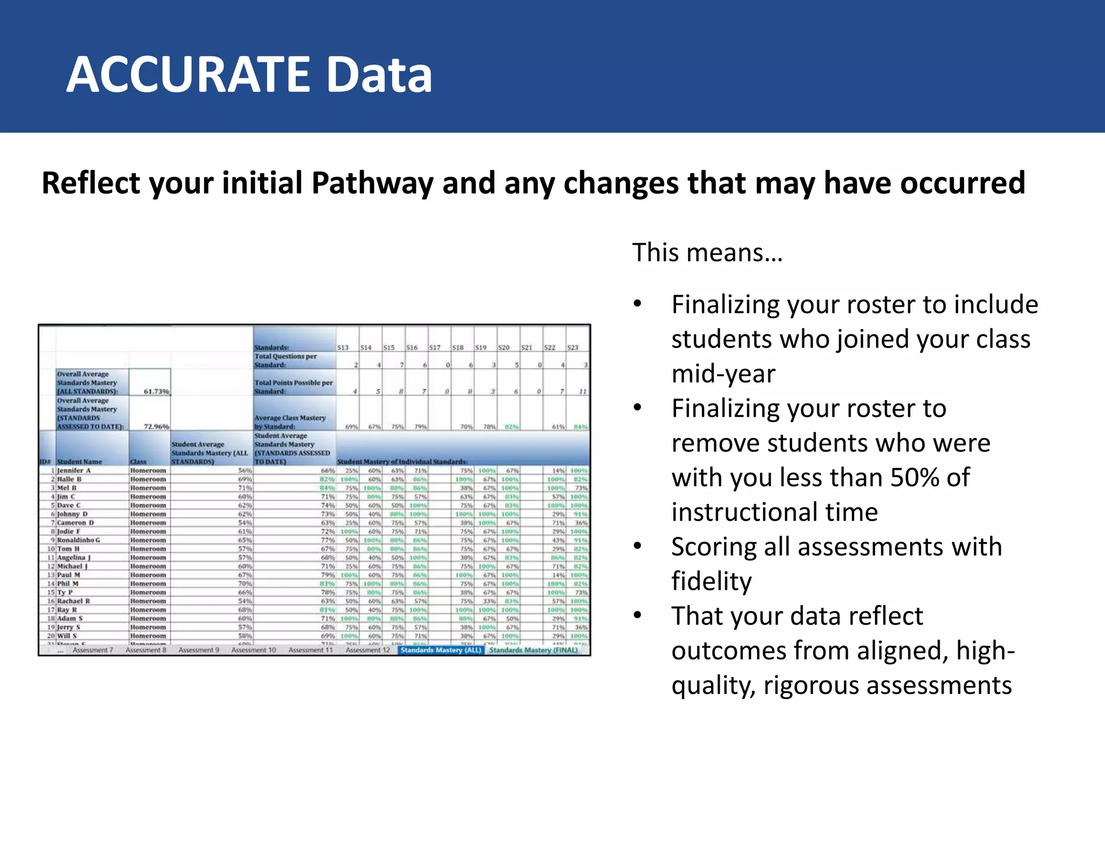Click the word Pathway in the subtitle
point(372,183)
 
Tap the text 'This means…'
point(707,252)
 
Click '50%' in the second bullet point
point(917,477)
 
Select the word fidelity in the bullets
point(711,581)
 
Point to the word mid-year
point(723,374)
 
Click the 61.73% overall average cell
point(156,391)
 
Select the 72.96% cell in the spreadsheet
point(156,427)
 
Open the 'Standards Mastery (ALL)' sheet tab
point(440,650)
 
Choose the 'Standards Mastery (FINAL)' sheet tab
point(533,650)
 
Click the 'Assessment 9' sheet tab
point(199,650)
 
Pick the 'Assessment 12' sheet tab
point(367,650)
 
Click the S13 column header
point(343,348)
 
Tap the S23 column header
point(572,348)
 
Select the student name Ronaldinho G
point(78,540)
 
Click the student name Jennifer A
point(74,471)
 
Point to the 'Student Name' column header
point(79,462)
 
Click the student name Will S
point(67,636)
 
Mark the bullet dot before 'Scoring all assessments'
point(638,547)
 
